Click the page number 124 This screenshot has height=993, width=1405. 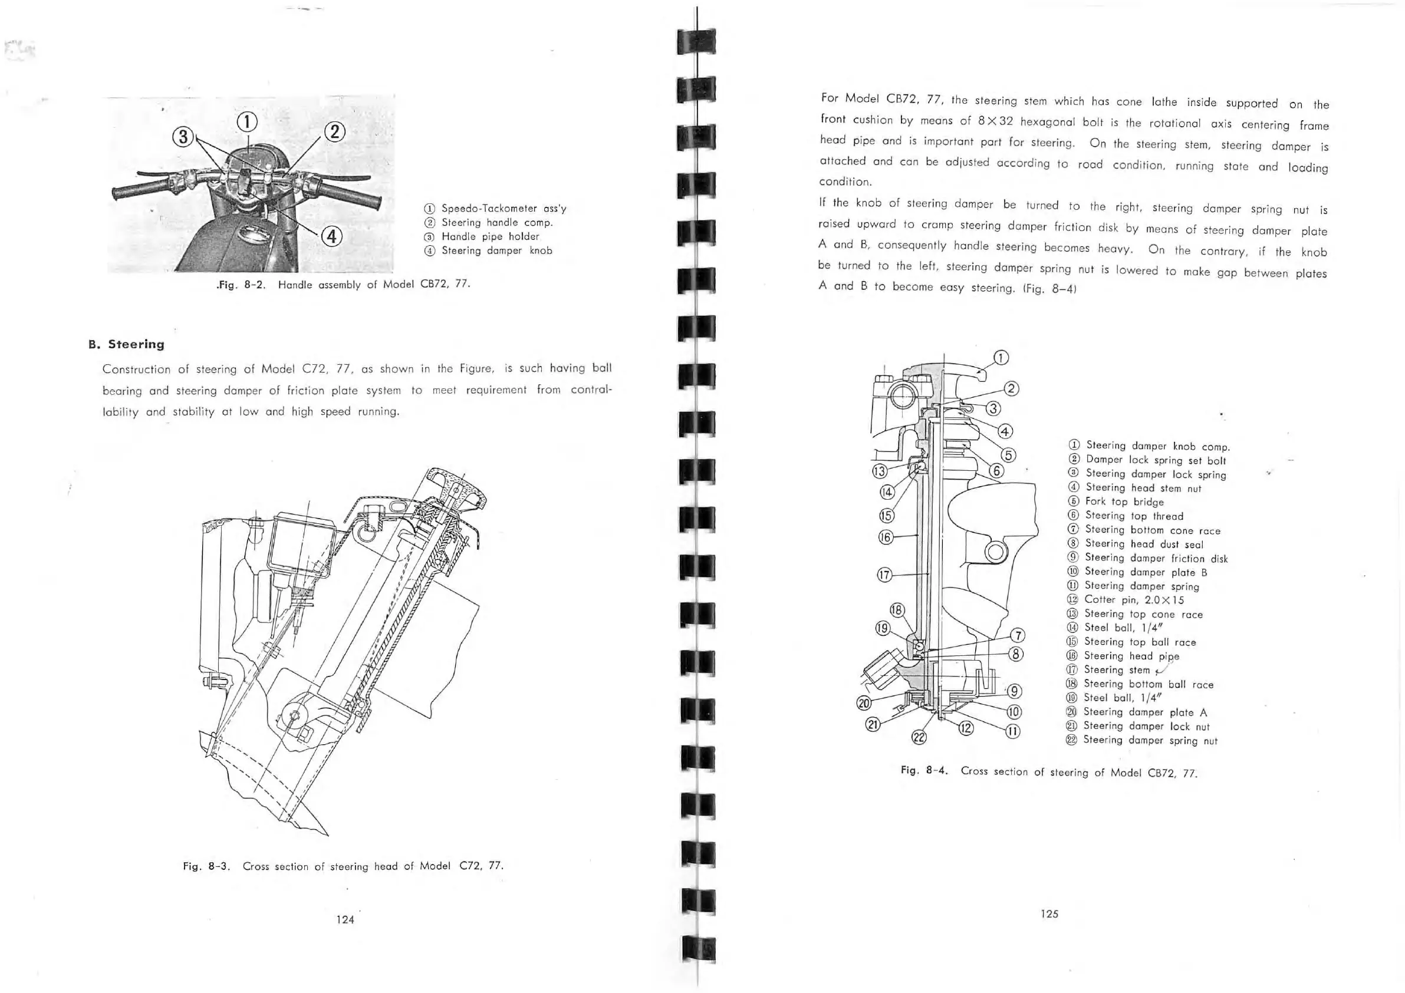point(345,919)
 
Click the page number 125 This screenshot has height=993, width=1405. point(1049,913)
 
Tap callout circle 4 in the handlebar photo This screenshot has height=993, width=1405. point(331,236)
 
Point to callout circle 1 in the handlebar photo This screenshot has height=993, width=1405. point(246,122)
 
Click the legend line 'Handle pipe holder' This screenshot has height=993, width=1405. point(490,237)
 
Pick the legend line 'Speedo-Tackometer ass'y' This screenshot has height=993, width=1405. point(504,209)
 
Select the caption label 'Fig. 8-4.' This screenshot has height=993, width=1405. point(924,770)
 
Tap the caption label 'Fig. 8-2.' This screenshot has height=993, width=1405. point(241,285)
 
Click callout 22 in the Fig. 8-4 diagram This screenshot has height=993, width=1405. point(919,737)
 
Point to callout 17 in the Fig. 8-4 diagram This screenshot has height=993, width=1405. point(884,575)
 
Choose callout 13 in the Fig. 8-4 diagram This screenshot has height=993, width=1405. point(879,471)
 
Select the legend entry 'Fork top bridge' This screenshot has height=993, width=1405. point(1124,502)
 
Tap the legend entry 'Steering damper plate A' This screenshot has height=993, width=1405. point(1145,712)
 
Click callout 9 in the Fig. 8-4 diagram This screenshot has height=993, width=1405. point(1014,691)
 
